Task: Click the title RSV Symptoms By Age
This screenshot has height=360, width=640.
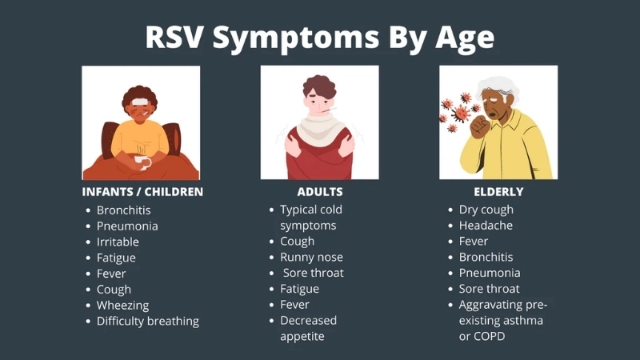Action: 319,37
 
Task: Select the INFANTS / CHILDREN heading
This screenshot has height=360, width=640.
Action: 142,192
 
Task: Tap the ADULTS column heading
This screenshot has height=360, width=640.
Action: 319,192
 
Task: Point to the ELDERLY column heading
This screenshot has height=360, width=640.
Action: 498,192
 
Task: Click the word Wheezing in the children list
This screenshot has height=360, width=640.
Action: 122,305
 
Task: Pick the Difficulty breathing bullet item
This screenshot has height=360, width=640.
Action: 147,321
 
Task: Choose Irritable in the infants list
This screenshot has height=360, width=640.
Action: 118,242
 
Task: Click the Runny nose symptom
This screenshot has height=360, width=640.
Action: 311,257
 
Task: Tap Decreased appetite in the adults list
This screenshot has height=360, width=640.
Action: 308,328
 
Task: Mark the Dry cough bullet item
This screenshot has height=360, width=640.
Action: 486,210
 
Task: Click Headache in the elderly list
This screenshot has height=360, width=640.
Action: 486,226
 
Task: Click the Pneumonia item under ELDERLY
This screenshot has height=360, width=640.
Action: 489,273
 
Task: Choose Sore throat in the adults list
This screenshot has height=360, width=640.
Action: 314,273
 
